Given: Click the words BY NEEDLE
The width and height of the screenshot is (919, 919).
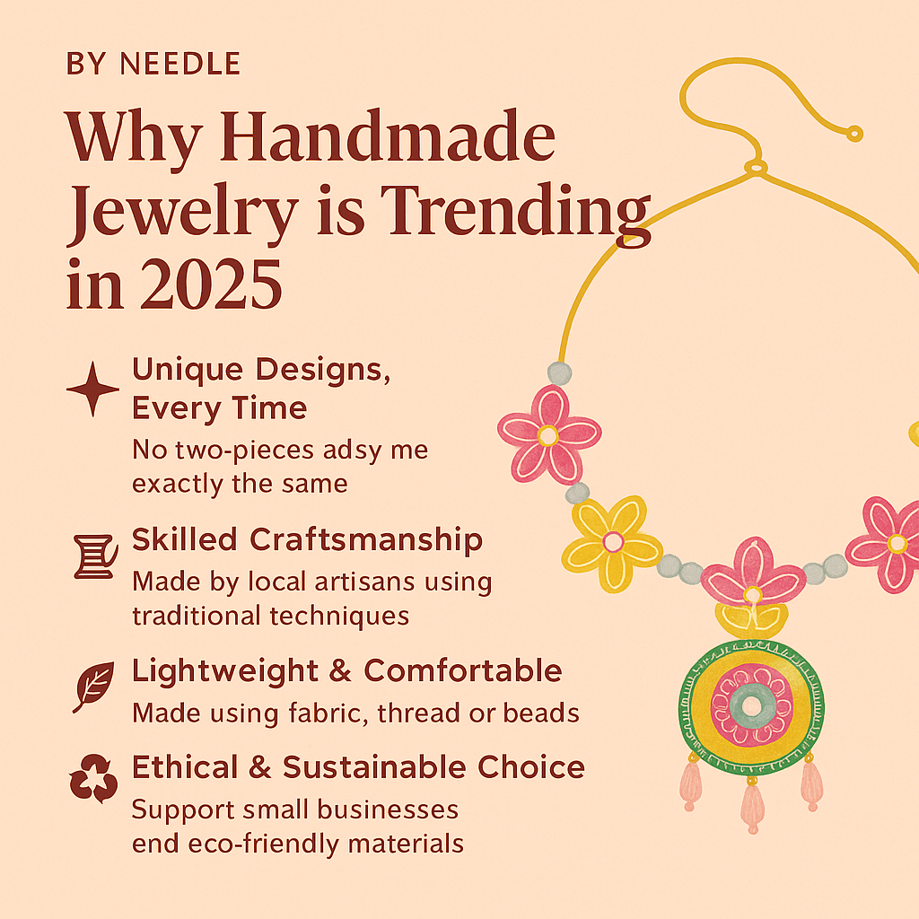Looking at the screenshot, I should [x=153, y=65].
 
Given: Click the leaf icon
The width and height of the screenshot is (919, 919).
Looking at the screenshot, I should [x=93, y=686].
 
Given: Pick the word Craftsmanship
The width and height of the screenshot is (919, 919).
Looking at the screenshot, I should [x=366, y=540].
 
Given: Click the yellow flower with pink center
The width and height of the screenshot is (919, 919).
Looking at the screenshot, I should [x=612, y=541].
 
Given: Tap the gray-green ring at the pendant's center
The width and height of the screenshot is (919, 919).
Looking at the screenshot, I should [x=753, y=704].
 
